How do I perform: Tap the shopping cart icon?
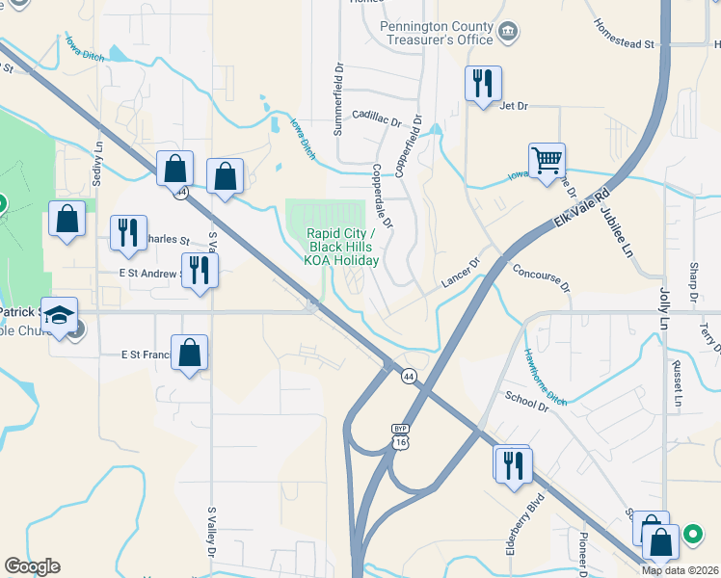click(547, 160)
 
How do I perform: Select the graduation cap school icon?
click(59, 316)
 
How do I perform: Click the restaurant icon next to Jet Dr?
click(482, 83)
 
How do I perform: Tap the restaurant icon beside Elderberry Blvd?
click(513, 464)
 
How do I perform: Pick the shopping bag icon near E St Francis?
click(190, 353)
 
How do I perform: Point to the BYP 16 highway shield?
click(400, 434)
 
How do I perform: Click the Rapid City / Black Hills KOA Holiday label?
click(342, 247)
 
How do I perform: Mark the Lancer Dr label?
click(460, 276)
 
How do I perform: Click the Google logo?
click(32, 566)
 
